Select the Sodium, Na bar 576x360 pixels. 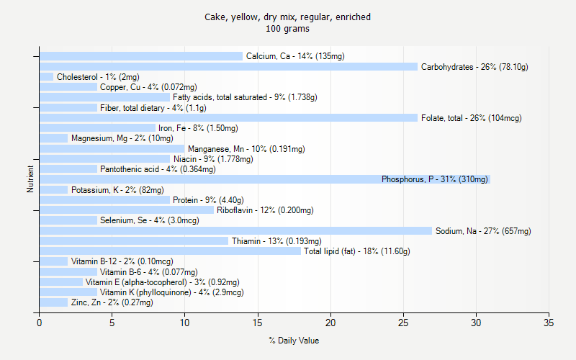(235, 230)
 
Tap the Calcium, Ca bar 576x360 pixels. (141, 56)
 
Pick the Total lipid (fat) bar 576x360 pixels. (170, 251)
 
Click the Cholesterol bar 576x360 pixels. (46, 77)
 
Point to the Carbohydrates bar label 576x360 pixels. (474, 67)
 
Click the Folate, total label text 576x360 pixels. (471, 118)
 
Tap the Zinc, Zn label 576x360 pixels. (112, 303)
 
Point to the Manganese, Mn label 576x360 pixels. (246, 149)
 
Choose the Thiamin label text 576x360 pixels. (276, 241)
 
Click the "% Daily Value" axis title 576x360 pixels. (294, 341)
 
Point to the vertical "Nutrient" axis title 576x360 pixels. (30, 179)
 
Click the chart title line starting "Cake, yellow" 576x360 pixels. (288, 17)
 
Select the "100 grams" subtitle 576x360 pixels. (288, 29)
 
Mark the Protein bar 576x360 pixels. (104, 200)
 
